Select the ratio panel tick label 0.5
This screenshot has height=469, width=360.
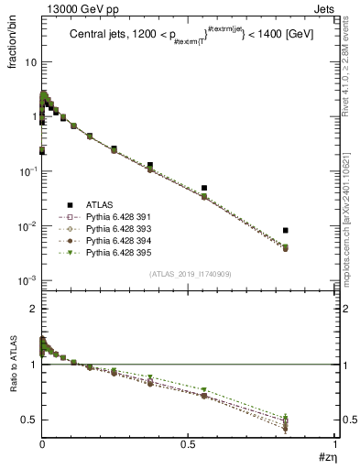(x=28, y=420)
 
